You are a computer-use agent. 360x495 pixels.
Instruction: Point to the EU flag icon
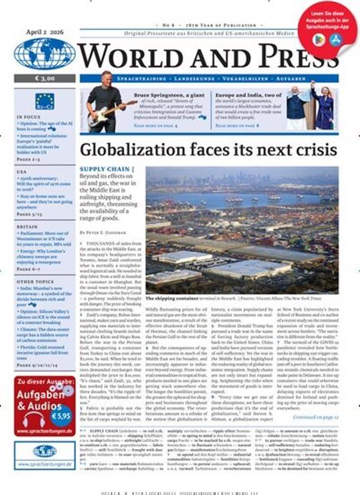(44, 100)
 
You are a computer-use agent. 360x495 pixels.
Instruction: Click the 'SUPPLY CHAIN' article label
(106, 169)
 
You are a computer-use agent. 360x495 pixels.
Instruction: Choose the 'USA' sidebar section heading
(22, 172)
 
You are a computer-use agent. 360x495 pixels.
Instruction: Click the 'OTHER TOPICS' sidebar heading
(34, 281)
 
